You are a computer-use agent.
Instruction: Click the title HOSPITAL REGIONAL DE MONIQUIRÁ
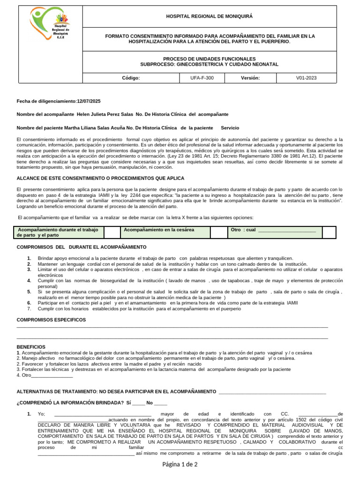pos(209,16)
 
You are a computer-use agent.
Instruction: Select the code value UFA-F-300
pos(202,78)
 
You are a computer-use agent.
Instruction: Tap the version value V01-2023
pos(307,78)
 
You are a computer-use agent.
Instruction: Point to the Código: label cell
pos(131,78)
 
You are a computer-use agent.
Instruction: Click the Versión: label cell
pos(250,78)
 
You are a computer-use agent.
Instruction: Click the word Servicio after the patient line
pos(230,127)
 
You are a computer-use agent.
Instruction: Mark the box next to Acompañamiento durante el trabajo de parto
pos(112,232)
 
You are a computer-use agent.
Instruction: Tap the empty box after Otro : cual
pos(329,232)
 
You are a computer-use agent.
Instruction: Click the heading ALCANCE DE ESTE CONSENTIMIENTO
pos(100,178)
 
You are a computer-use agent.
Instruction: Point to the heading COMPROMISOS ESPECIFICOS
pos(51,320)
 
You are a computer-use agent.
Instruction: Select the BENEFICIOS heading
pos(31,346)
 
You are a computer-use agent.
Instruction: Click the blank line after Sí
pos(138,403)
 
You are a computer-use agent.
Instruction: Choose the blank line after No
pos(160,403)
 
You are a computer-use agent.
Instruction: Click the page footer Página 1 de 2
pos(180,465)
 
